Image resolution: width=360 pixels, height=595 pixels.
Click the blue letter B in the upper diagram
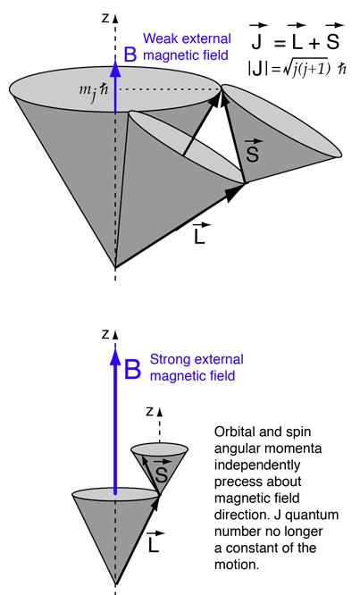pos(130,54)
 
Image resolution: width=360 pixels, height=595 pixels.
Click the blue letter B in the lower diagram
pos(132,369)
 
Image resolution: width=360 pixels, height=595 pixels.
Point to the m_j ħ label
pos(93,91)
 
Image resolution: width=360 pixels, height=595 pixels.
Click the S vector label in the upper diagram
pos(253,151)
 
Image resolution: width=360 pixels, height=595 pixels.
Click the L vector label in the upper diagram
pos(200,234)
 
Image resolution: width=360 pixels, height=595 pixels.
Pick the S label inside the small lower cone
pos(162,472)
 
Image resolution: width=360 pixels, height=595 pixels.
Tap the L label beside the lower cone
pos(155,542)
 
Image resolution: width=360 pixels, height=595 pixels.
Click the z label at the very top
pos(105,18)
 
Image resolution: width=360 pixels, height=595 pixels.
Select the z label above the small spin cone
pos(150,411)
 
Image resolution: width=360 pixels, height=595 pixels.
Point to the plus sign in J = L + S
pos(314,44)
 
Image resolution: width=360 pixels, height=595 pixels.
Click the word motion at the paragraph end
pos(237,565)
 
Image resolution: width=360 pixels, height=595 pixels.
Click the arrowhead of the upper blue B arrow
pos(115,67)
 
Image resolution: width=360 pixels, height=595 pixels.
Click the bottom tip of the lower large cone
pos(115,584)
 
